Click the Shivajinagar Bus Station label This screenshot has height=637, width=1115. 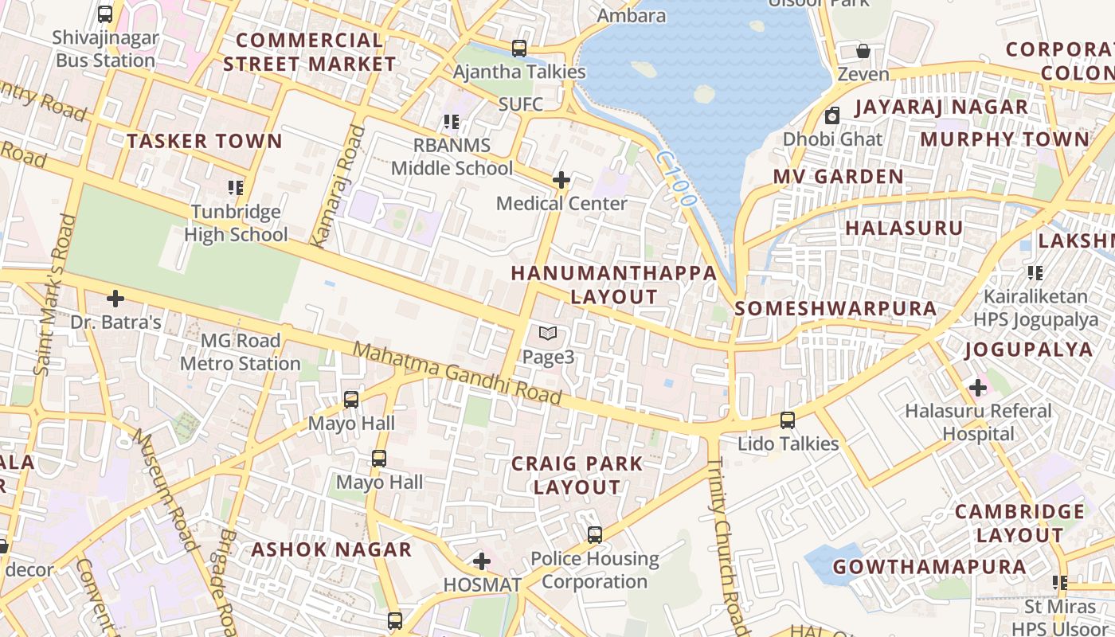click(105, 49)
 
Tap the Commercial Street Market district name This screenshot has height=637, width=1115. click(309, 52)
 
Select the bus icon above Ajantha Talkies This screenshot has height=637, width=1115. click(519, 49)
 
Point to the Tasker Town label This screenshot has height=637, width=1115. click(205, 142)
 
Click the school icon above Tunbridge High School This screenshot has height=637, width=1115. click(236, 188)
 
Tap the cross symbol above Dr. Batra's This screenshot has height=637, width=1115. click(115, 299)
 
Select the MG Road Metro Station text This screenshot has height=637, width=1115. click(240, 352)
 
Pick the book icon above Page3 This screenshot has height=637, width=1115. click(548, 334)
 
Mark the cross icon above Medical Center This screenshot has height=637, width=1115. click(561, 180)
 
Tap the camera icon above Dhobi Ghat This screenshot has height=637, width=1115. click(832, 116)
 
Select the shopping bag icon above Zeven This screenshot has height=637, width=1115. click(863, 52)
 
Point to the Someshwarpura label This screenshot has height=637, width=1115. click(835, 309)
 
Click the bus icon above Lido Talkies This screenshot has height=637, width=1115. click(788, 420)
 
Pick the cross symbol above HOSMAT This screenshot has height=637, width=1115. click(482, 562)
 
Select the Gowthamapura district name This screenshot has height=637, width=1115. click(929, 567)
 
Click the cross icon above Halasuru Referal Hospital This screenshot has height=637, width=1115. click(978, 388)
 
